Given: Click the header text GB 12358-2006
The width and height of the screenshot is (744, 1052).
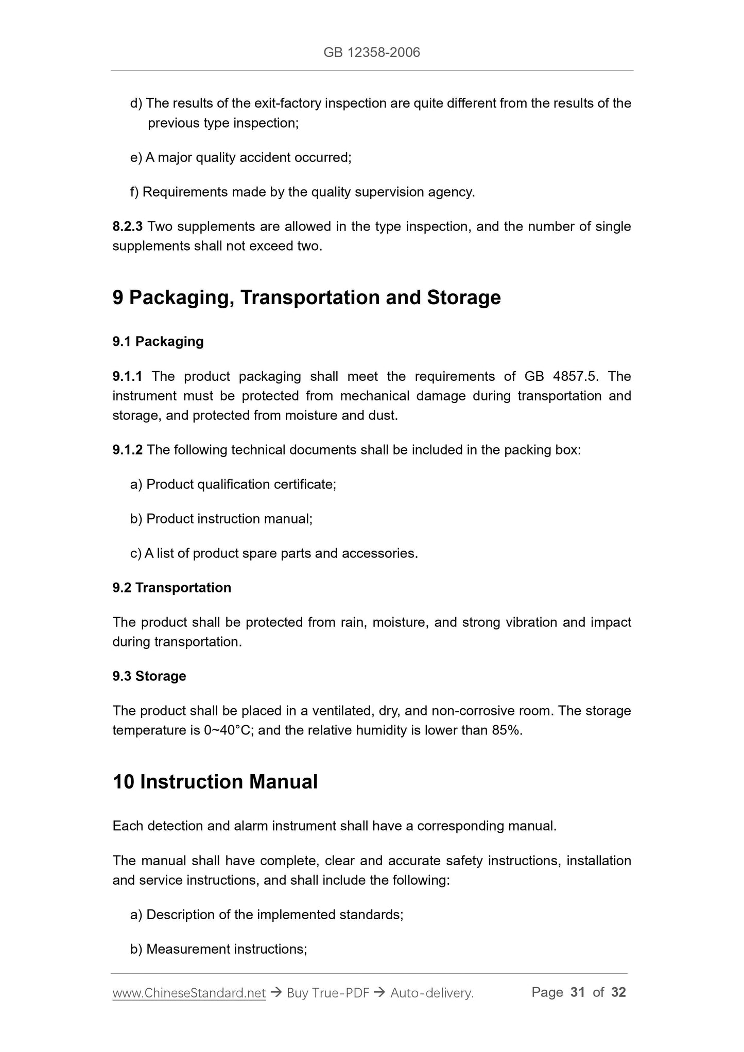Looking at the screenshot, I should [371, 52].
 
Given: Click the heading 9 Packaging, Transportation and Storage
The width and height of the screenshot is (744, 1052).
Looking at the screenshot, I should [306, 297].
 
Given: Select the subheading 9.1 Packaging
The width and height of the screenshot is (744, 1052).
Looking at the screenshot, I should [158, 341].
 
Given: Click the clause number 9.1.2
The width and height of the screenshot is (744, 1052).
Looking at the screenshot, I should [127, 450].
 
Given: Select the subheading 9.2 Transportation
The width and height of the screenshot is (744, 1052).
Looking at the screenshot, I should [171, 587].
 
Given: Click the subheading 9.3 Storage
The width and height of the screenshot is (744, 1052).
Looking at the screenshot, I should [149, 676].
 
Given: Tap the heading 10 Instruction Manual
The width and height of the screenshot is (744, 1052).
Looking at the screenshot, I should [215, 781].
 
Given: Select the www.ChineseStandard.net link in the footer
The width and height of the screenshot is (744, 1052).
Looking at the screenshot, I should [189, 993].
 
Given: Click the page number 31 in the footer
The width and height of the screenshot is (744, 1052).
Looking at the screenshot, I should [578, 992].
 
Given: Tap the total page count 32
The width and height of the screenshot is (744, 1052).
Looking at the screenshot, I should [618, 992].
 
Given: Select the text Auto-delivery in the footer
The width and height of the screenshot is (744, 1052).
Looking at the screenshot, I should [431, 993].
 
